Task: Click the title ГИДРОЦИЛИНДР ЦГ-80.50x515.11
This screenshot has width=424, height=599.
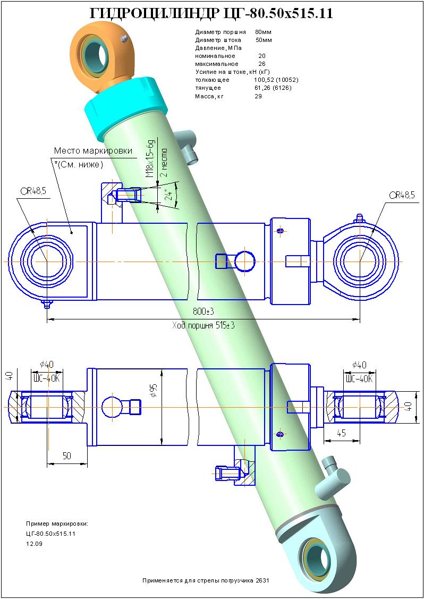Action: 211,14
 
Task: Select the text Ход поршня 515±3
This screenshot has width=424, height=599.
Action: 203,325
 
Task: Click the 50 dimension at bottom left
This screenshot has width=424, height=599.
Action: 67,455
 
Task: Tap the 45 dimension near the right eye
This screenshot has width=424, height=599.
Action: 342,433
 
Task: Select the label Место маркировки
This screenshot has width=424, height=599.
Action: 93,150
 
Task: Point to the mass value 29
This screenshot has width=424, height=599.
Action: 258,96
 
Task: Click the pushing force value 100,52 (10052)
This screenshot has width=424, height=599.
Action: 276,80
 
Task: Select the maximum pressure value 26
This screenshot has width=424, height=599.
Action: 261,64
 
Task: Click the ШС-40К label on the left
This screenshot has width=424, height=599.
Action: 47,378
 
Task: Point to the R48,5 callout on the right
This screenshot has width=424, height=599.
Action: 402,196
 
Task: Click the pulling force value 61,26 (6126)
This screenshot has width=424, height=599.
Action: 273,88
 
